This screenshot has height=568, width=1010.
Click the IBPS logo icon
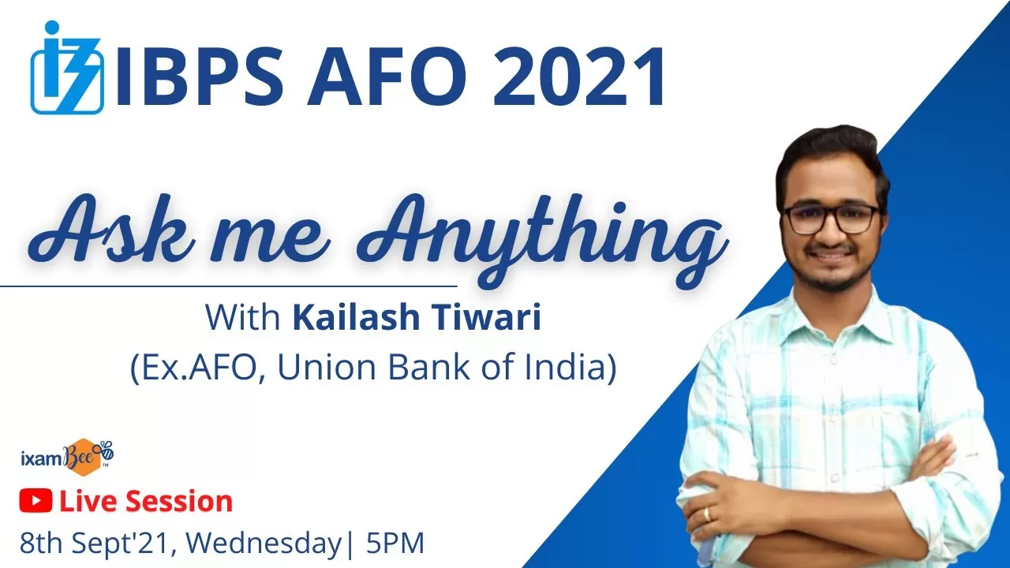click(67, 67)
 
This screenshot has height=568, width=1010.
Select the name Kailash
click(357, 317)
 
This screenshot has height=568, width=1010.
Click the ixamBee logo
click(68, 457)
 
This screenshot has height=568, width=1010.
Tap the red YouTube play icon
click(36, 501)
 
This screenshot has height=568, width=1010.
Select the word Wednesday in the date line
click(264, 544)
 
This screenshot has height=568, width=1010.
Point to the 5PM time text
click(395, 543)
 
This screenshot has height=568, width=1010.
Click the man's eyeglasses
click(831, 219)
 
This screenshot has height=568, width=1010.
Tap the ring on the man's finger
click(706, 514)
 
